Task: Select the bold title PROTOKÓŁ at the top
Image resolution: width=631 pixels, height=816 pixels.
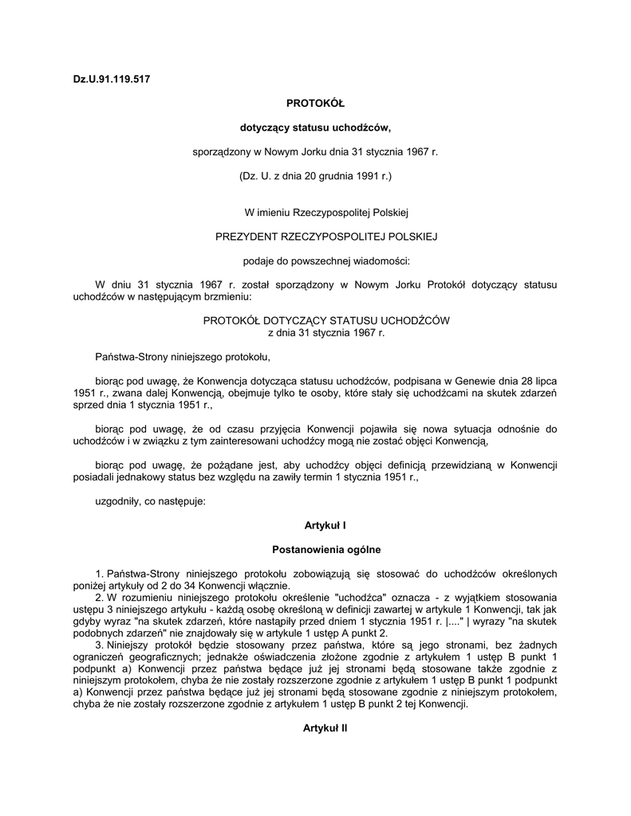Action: [x=315, y=103]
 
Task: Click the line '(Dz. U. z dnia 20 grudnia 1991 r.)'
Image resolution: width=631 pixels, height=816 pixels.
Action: [x=315, y=175]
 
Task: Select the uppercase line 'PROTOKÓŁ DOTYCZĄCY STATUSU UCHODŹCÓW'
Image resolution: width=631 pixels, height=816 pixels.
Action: [x=326, y=320]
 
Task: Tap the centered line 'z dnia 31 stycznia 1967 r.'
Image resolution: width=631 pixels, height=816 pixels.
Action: [x=326, y=332]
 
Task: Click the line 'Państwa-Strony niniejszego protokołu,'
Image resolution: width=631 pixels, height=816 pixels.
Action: [x=183, y=356]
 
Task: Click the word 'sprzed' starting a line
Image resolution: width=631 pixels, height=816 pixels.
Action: [x=86, y=404]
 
